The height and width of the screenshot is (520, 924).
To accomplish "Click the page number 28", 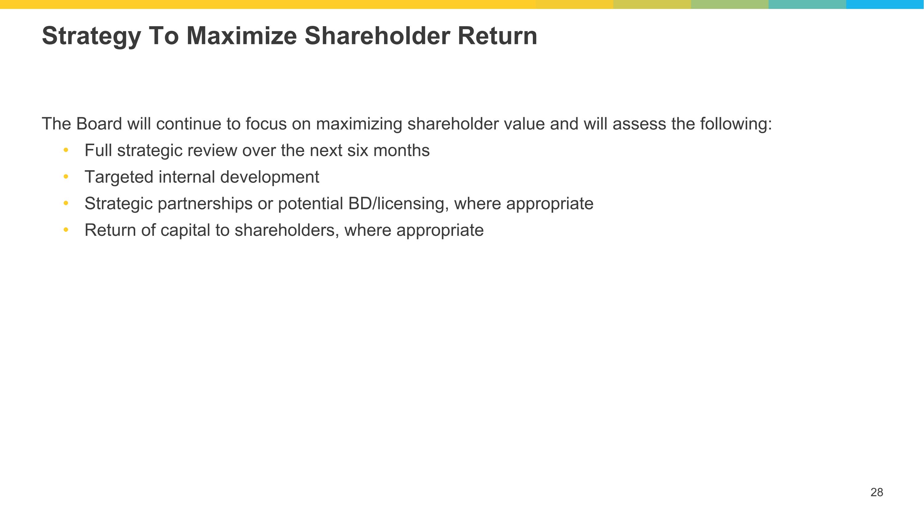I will click(x=877, y=492).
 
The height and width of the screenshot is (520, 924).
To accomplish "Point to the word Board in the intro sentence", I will click(x=99, y=124).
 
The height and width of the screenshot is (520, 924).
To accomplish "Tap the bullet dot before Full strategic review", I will click(x=66, y=150).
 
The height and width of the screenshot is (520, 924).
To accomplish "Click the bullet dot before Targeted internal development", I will click(x=66, y=177).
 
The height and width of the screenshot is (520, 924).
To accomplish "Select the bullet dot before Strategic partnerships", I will click(x=66, y=203).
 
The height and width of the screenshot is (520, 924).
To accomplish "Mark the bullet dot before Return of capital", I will click(x=66, y=230).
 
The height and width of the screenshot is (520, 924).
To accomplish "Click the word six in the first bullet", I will click(x=358, y=150).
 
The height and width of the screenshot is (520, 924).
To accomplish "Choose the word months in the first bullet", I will click(x=401, y=150).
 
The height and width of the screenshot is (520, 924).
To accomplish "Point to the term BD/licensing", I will click(x=398, y=204).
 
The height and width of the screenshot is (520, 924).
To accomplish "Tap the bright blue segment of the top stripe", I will click(x=885, y=4).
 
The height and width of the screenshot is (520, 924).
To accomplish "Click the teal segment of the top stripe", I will click(x=807, y=4).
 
